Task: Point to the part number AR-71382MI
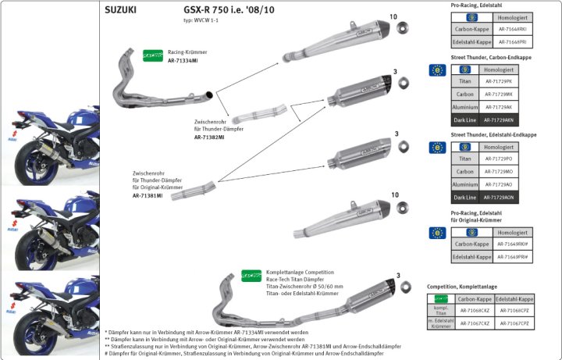coord(209,137)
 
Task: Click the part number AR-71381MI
coord(148,195)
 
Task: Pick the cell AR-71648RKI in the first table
coord(507,29)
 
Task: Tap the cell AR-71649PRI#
coord(507,256)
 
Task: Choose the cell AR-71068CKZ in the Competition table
coord(475,310)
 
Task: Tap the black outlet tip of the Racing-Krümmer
coord(211,95)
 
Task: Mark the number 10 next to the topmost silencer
coord(393,16)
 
